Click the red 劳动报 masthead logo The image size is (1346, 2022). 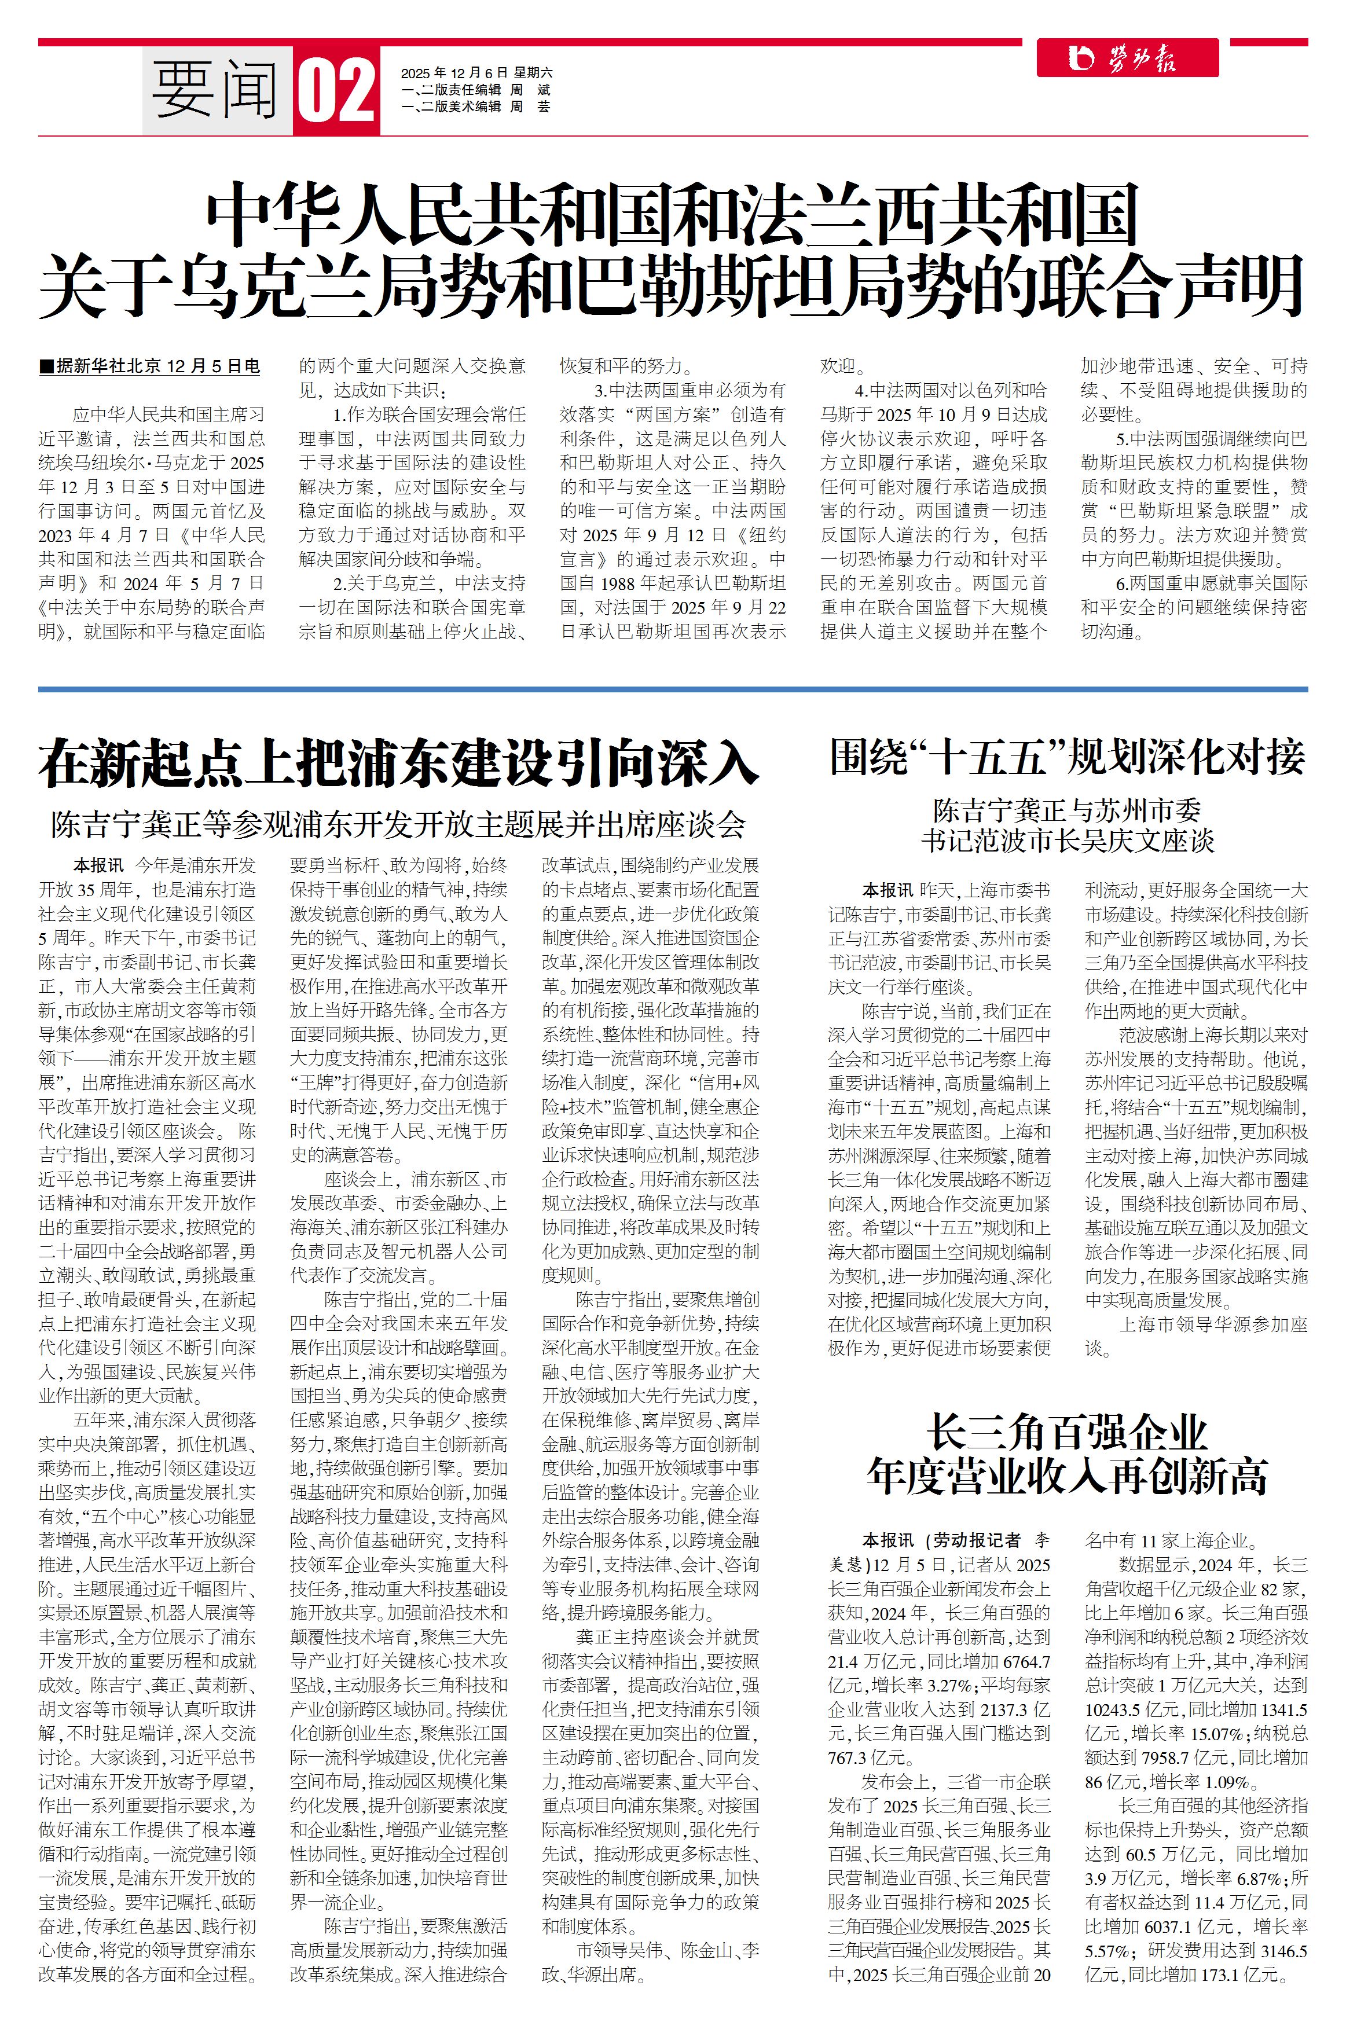coord(1127,58)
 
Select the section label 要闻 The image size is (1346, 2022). coord(215,90)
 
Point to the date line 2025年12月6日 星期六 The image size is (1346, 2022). coord(476,73)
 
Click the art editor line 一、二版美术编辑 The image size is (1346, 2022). coord(475,107)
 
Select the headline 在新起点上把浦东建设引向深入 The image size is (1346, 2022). coord(398,762)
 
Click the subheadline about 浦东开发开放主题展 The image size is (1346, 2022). coord(398,825)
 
